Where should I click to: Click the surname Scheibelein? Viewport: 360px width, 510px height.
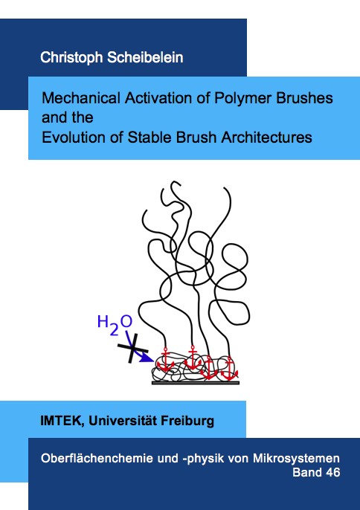pos(145,57)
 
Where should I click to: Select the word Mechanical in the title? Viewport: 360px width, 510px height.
pos(81,98)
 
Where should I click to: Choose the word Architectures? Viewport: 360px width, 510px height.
pos(266,138)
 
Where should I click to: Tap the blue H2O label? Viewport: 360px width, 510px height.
pos(115,324)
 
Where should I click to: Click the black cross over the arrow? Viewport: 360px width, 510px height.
pos(133,348)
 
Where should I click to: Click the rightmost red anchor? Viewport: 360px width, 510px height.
pos(230,369)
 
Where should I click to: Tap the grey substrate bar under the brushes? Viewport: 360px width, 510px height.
pos(196,383)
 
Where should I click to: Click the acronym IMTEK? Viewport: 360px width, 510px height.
pos(60,422)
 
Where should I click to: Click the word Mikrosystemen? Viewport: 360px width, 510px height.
pos(296,459)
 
